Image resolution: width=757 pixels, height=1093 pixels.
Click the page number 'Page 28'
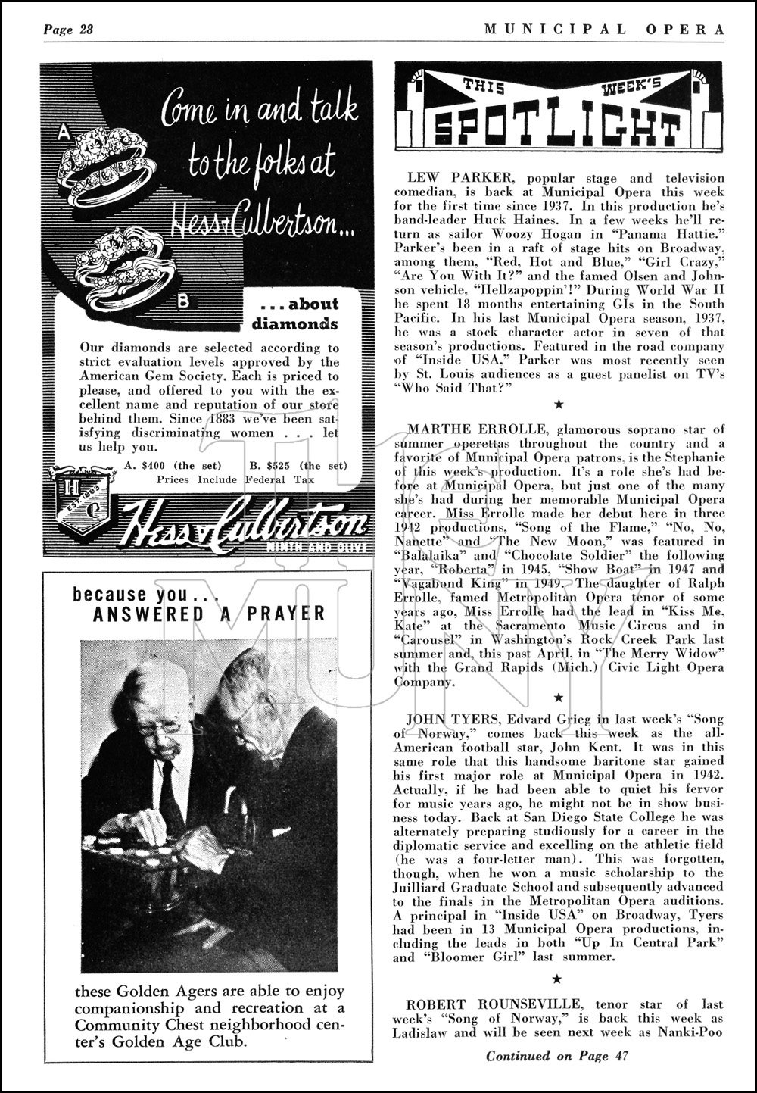point(67,30)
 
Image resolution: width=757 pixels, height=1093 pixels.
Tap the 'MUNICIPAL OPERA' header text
point(604,30)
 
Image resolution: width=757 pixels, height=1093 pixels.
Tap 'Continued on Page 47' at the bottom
point(556,1056)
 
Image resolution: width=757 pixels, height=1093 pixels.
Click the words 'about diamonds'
point(298,314)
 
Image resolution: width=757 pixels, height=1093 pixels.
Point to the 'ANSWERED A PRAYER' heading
point(209,613)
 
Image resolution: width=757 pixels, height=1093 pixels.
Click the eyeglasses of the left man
point(161,725)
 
